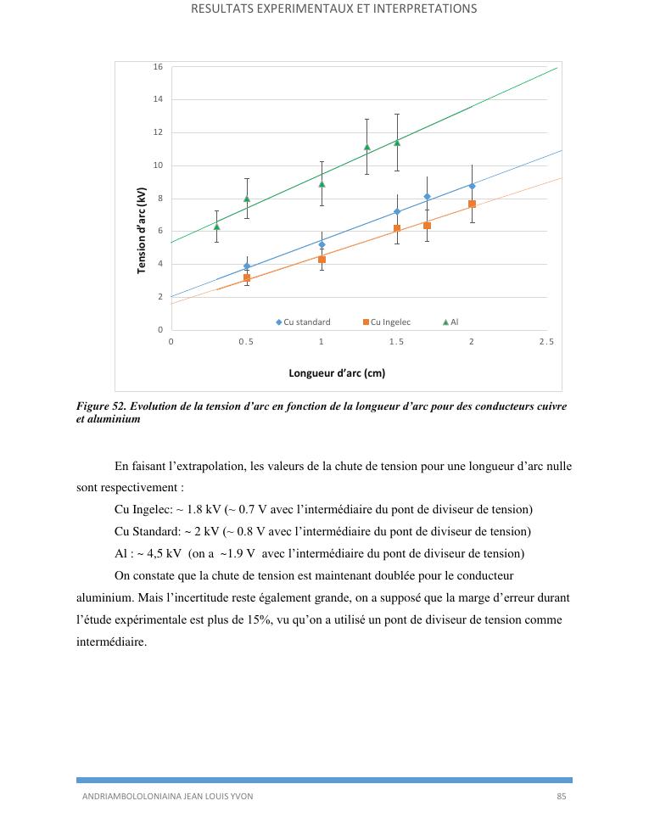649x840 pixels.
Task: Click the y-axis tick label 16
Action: pyautogui.click(x=158, y=67)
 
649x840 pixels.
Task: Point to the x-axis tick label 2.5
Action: pyautogui.click(x=546, y=342)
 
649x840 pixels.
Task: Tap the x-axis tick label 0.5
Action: pyautogui.click(x=246, y=342)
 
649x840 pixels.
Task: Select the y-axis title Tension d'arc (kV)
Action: pyautogui.click(x=142, y=231)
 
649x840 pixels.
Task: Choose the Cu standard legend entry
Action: pyautogui.click(x=303, y=322)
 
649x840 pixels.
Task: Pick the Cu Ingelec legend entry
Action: pyautogui.click(x=387, y=322)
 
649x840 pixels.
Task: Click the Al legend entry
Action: pyautogui.click(x=450, y=322)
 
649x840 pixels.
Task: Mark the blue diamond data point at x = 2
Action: pyautogui.click(x=472, y=186)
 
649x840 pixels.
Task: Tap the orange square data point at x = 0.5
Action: pyautogui.click(x=247, y=278)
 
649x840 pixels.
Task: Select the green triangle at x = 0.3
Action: pyautogui.click(x=216, y=227)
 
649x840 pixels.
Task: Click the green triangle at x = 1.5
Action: pyautogui.click(x=397, y=143)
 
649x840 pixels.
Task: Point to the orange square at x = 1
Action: pyautogui.click(x=322, y=260)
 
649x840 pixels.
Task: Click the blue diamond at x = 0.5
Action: pyautogui.click(x=247, y=266)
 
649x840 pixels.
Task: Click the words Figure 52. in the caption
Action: pyautogui.click(x=103, y=406)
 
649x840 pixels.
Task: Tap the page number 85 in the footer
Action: pyautogui.click(x=561, y=797)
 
